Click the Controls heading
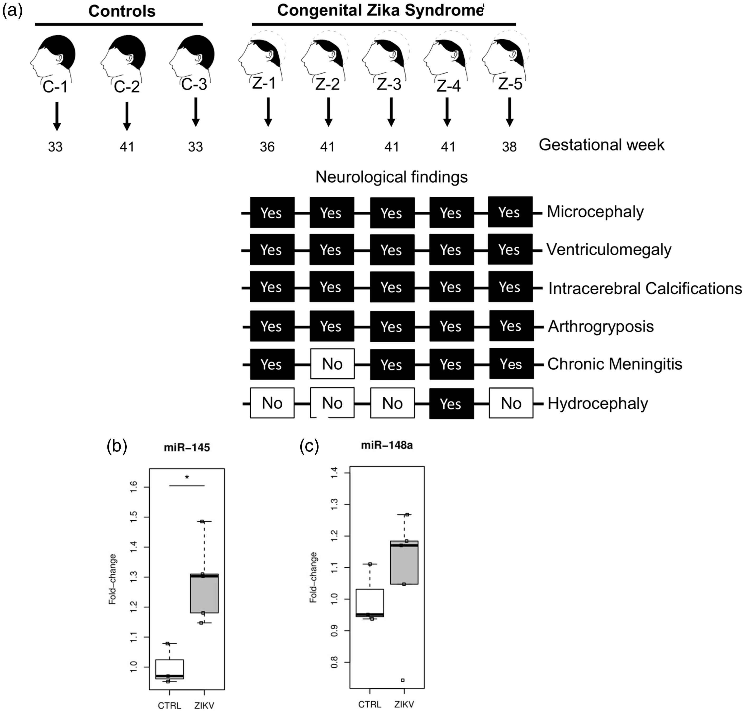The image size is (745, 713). (x=122, y=11)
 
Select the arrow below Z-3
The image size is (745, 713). (x=391, y=112)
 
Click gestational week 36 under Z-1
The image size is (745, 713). (x=267, y=147)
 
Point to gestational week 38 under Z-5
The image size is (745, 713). (x=509, y=147)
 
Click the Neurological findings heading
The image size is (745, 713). (x=392, y=177)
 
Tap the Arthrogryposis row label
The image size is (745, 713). (x=601, y=326)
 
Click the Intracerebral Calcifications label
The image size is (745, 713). (x=645, y=288)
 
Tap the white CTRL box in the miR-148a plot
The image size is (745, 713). (x=370, y=603)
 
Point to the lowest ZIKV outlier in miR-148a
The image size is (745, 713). (x=403, y=680)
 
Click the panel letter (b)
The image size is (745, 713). (x=117, y=446)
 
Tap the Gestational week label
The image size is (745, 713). (x=602, y=145)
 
